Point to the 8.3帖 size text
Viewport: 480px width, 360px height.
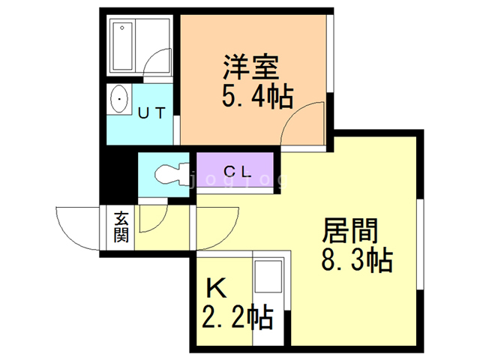356,261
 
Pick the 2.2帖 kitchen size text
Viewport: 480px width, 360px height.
236,317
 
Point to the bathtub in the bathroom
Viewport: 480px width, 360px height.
121,46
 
